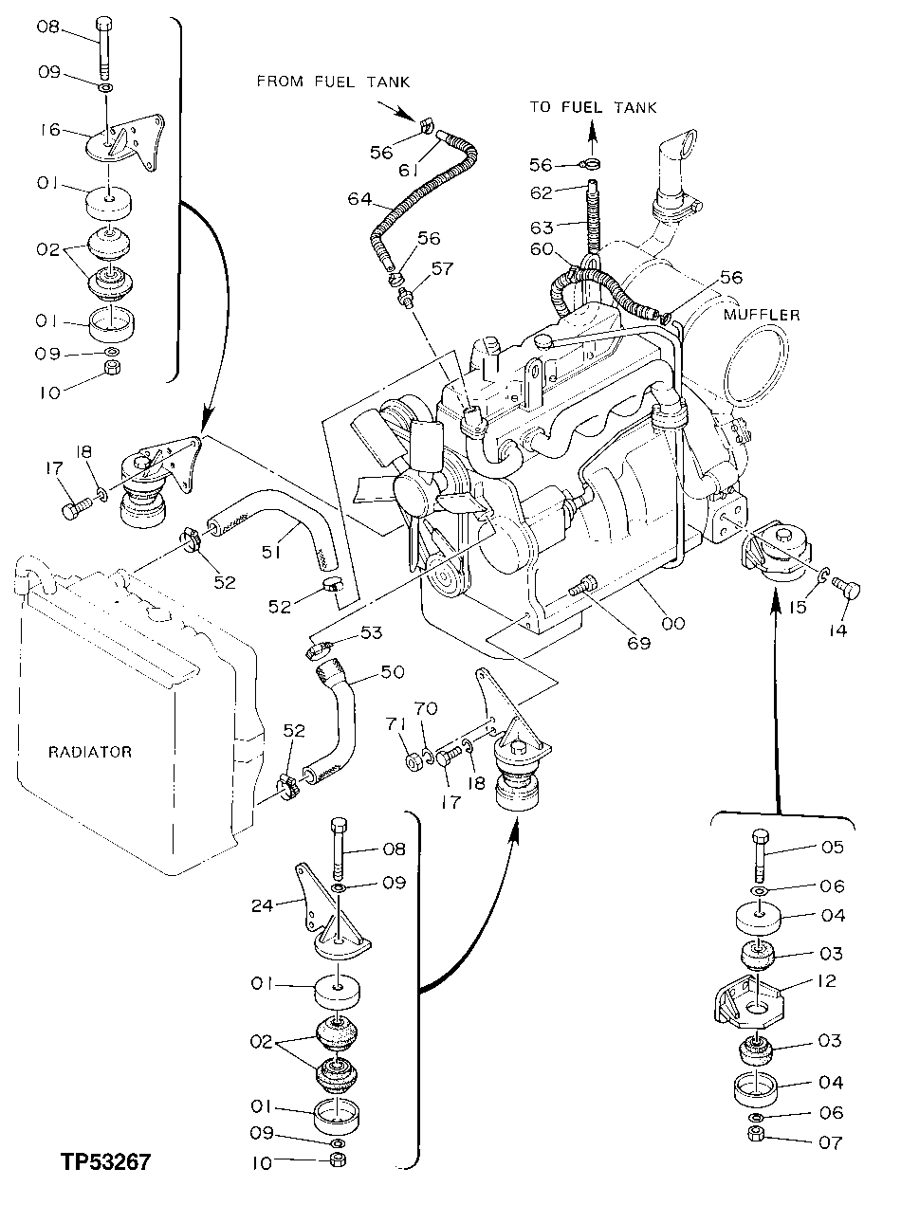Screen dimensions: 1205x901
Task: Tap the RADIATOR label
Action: coord(90,752)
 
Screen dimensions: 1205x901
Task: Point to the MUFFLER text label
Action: coord(762,315)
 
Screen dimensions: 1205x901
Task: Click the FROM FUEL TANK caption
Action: coord(333,82)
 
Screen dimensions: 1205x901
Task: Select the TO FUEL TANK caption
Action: coord(593,108)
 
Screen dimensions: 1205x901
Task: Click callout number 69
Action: coord(638,643)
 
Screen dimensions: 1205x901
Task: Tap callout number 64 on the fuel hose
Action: coord(359,198)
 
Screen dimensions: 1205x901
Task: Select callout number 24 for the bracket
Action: coord(263,905)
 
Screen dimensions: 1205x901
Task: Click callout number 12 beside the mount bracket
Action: coord(826,981)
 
